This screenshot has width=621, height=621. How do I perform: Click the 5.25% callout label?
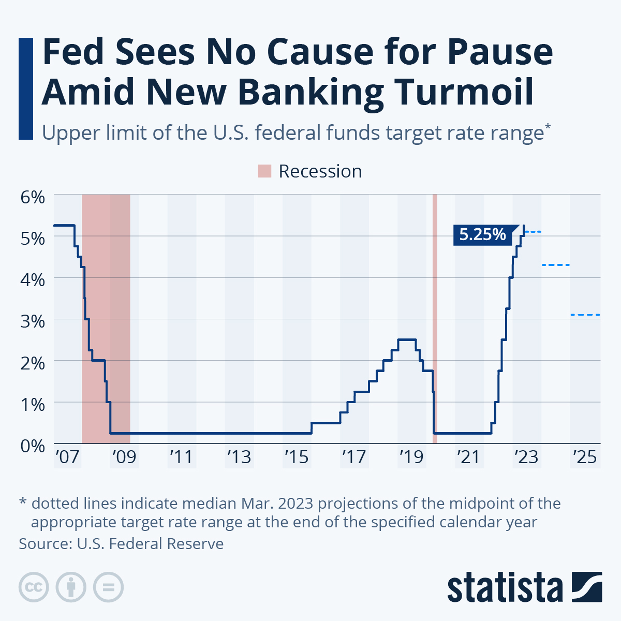[482, 234]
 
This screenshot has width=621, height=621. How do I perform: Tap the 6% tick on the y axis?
[33, 197]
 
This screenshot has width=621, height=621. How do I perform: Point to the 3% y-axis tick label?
[33, 321]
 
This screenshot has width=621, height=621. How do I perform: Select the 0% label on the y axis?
[33, 446]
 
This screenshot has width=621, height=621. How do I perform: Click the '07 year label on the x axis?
[67, 457]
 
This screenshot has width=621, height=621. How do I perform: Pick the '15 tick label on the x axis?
[297, 457]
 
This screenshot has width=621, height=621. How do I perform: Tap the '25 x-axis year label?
[585, 457]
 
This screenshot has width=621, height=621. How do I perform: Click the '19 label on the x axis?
[411, 457]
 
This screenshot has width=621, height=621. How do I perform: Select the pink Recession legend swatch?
[264, 171]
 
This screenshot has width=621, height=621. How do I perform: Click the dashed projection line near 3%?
[585, 315]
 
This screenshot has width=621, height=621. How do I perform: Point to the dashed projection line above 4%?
[556, 265]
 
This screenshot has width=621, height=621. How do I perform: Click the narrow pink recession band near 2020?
[435, 319]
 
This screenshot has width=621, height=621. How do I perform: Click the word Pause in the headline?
[500, 52]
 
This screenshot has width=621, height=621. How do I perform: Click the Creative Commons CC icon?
[34, 587]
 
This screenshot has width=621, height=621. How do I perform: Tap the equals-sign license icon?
[108, 587]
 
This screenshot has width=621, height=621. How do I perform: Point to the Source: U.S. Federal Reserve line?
[121, 544]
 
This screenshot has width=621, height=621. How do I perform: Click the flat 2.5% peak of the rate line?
[407, 339]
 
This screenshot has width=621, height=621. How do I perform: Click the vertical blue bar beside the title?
[26, 88]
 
